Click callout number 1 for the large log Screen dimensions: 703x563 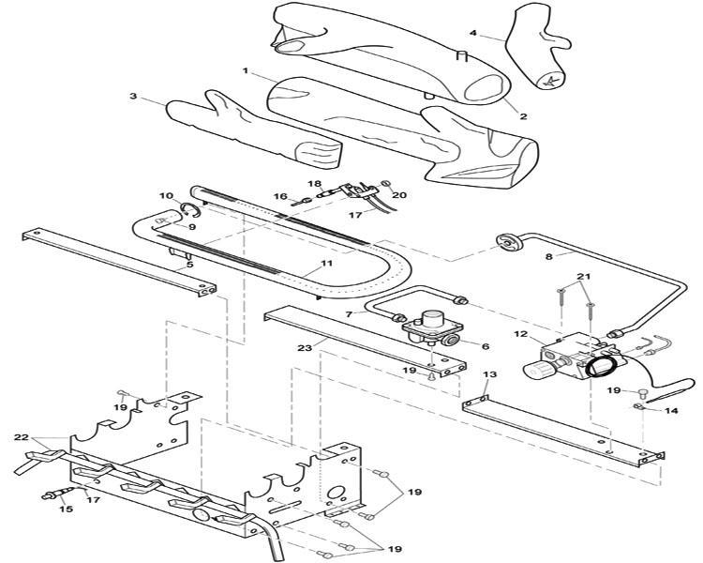[246, 71]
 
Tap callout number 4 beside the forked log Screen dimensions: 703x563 [473, 33]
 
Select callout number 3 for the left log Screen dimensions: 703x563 [133, 96]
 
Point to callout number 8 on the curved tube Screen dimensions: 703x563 [549, 257]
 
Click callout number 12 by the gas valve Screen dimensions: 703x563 [521, 334]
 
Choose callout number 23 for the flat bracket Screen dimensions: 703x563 [305, 348]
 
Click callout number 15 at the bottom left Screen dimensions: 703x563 [67, 510]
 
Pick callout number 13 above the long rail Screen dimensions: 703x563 [490, 374]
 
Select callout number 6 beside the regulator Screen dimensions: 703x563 [486, 346]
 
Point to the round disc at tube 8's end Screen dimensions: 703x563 [508, 242]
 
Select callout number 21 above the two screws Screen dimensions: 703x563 [584, 277]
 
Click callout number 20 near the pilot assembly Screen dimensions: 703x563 [400, 195]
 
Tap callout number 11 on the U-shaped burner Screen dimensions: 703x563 [326, 263]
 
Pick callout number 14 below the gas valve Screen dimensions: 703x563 [672, 410]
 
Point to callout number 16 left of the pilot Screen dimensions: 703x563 [280, 196]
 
